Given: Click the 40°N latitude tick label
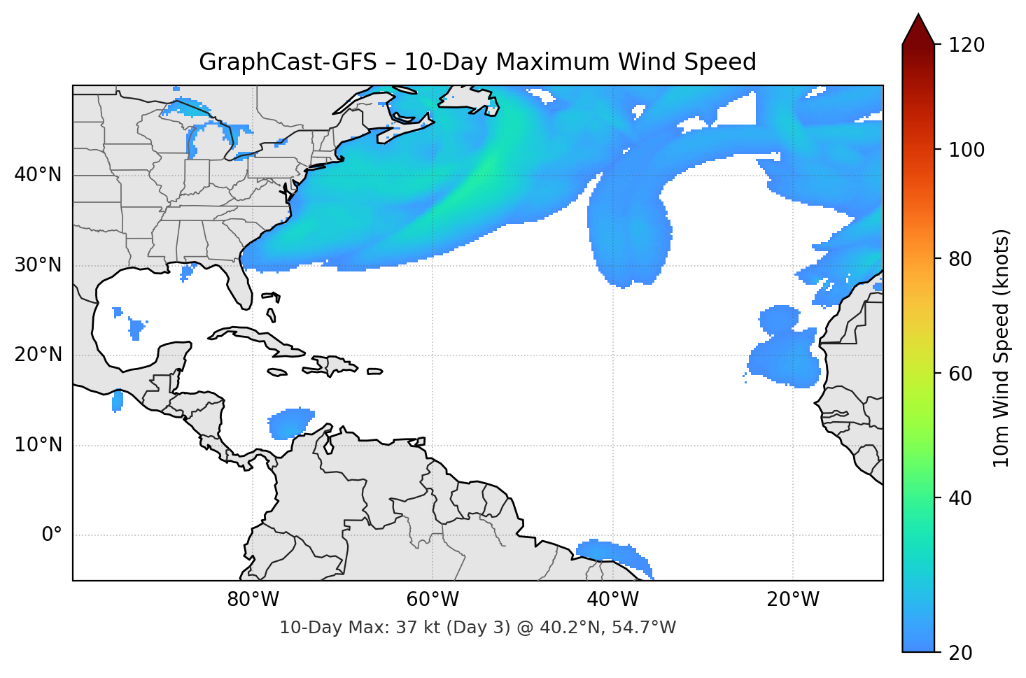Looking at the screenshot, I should pos(38,174).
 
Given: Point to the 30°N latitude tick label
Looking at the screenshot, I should pos(38,265).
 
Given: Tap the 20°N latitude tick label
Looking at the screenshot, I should pos(38,355).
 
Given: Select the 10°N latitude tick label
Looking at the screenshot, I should pos(38,445).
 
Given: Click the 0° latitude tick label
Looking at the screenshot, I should pos(52,535).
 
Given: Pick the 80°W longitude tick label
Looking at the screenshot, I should pos(253,600).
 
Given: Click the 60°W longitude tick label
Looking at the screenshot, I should pos(433,600).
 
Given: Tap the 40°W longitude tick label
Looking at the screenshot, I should pos(612,600).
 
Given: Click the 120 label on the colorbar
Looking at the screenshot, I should pos(966,45).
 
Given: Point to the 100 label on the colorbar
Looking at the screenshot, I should pos(966,150).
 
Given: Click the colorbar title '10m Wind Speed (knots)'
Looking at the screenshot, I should pos(1002,348).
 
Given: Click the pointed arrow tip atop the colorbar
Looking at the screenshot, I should pos(918,17).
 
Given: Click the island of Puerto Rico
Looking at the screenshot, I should pos(375,372).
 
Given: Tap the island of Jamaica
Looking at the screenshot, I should pos(277,372).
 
